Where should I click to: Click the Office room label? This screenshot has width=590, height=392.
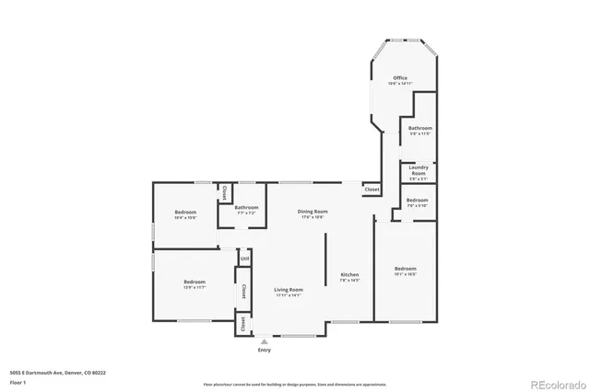(400, 78)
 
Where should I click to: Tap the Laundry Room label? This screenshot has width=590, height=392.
(419, 169)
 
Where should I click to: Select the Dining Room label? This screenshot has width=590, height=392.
(313, 212)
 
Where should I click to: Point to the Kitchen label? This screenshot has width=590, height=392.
(349, 275)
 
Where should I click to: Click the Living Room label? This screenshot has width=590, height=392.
(289, 290)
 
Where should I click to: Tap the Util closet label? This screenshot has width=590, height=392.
(244, 259)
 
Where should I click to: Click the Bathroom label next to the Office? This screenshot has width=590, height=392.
(420, 128)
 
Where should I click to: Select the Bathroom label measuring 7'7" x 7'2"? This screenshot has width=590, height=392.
(246, 208)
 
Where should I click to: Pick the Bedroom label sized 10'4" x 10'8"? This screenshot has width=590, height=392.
(186, 213)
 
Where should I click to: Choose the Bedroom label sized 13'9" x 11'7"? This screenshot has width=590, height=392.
(194, 282)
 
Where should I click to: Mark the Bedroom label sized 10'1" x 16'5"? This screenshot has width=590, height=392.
(406, 269)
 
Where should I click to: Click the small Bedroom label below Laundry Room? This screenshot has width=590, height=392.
(418, 200)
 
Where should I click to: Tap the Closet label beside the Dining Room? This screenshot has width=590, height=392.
(372, 189)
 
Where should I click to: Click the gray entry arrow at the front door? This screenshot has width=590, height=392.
(265, 340)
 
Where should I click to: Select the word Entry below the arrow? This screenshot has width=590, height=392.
(265, 350)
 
